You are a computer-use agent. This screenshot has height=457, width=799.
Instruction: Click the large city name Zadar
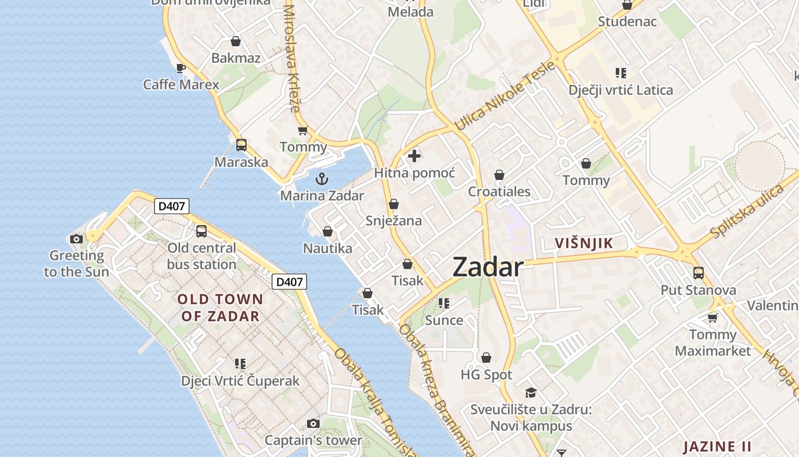pyautogui.click(x=487, y=267)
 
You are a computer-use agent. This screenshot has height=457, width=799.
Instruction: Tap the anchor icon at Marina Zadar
pyautogui.click(x=322, y=179)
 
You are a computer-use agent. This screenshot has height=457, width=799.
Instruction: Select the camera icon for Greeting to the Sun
pyautogui.click(x=76, y=239)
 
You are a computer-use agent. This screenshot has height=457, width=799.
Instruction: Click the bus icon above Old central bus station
pyautogui.click(x=201, y=231)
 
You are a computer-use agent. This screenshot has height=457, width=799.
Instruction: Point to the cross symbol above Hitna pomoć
pyautogui.click(x=414, y=155)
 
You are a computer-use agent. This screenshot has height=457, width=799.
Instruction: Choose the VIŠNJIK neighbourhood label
pyautogui.click(x=584, y=243)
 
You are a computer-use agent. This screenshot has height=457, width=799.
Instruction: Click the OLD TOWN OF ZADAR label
pyautogui.click(x=220, y=307)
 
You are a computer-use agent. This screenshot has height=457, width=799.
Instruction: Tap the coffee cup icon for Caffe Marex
pyautogui.click(x=180, y=69)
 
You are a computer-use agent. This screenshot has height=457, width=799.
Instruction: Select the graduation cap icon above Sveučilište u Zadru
pyautogui.click(x=531, y=392)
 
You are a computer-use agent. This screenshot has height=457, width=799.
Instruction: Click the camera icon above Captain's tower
pyautogui.click(x=313, y=423)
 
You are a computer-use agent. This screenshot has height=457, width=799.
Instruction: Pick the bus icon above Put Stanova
pyautogui.click(x=699, y=273)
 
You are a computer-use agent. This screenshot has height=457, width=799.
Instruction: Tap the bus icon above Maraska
pyautogui.click(x=241, y=145)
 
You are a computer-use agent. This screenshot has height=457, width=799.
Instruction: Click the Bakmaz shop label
pyautogui.click(x=236, y=58)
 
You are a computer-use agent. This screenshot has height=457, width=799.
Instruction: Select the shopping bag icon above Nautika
pyautogui.click(x=328, y=231)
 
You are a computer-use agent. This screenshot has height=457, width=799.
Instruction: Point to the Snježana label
pyautogui.click(x=393, y=221)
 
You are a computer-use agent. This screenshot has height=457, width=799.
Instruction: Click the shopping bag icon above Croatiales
pyautogui.click(x=499, y=175)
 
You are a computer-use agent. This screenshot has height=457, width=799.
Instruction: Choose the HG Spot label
pyautogui.click(x=486, y=375)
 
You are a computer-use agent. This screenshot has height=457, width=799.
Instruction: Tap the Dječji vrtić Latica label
pyautogui.click(x=620, y=90)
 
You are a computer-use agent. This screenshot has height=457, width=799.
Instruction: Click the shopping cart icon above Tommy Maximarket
pyautogui.click(x=713, y=318)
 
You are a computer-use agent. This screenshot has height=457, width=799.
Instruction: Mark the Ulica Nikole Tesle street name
pyautogui.click(x=505, y=95)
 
